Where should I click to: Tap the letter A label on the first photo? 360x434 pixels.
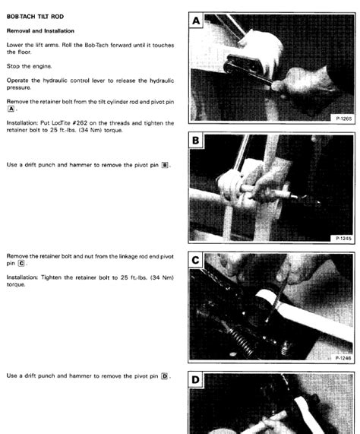pos(197,22)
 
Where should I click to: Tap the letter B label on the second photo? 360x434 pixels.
pos(197,140)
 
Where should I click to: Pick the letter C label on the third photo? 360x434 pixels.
pos(197,260)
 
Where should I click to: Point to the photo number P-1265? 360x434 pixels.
pos(342,119)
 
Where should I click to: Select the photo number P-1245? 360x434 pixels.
pos(342,239)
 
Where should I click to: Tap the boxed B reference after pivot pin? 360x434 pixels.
pos(165,164)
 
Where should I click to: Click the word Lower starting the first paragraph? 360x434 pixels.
pos(15,44)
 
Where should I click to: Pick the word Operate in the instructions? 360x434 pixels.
pos(18,79)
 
